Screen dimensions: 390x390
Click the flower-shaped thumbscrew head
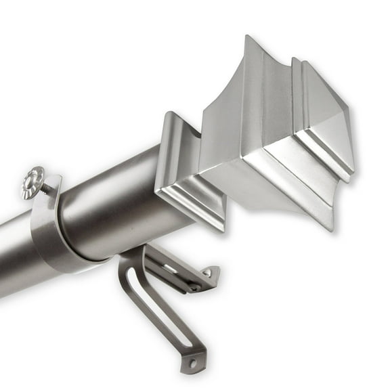[x=33, y=182]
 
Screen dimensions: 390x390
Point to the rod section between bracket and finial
[x=122, y=203]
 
